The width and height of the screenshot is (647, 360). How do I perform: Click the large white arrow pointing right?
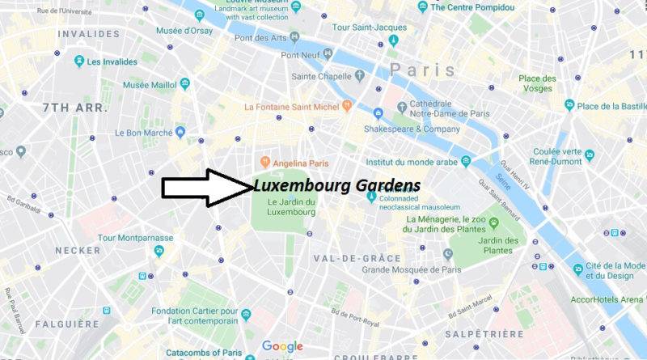pos(206,187)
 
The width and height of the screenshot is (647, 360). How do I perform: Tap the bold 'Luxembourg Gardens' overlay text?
pos(336,185)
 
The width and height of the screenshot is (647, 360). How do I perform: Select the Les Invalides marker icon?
pos(79,61)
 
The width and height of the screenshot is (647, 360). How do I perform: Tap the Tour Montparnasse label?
pos(133,237)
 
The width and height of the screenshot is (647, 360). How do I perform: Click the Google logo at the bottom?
pos(281,346)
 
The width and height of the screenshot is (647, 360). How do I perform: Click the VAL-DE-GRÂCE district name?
pos(357,258)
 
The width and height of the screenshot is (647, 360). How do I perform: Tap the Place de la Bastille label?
pos(610,105)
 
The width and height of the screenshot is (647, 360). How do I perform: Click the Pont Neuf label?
pos(301,55)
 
